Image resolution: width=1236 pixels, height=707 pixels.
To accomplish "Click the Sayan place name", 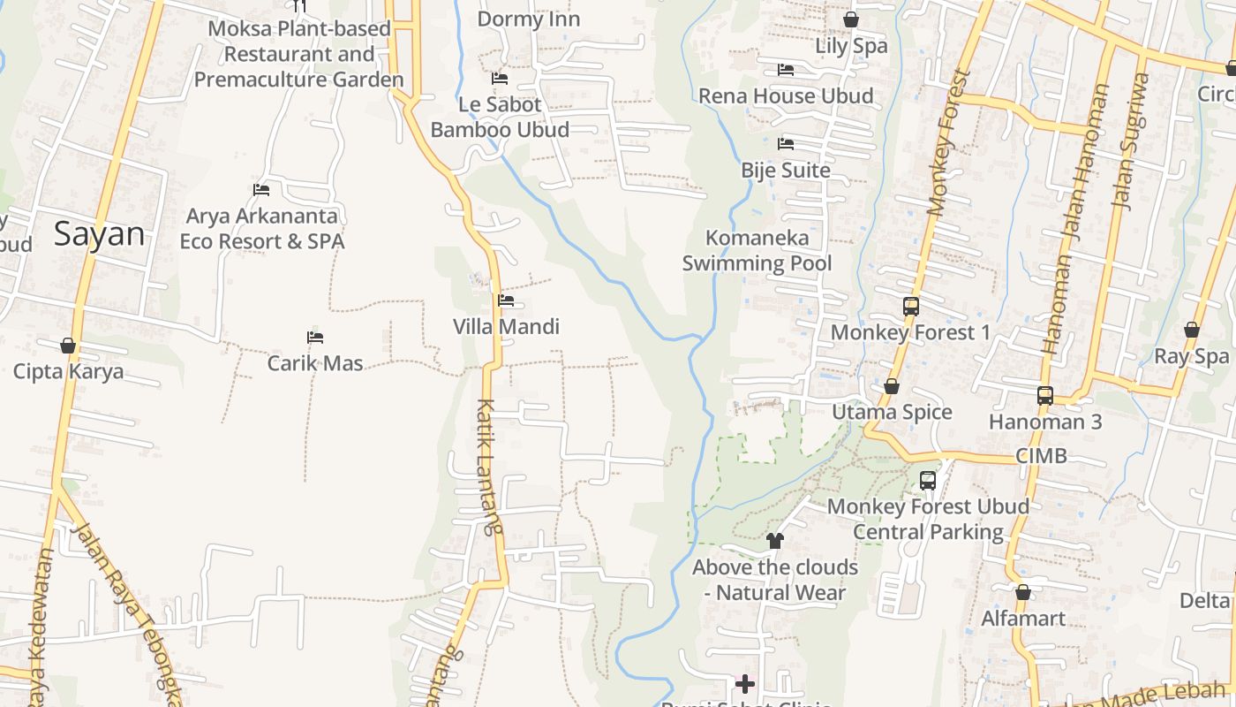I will [x=99, y=234].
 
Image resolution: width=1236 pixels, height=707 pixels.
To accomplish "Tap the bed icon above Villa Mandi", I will [x=506, y=300].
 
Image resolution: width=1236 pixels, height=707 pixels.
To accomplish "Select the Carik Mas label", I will [x=315, y=362].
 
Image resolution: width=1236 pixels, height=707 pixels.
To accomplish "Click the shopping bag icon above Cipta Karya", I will [x=68, y=346].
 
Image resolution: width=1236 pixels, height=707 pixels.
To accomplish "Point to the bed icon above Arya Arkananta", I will [x=261, y=189].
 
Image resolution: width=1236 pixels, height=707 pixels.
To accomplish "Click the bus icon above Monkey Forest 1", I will [x=911, y=307].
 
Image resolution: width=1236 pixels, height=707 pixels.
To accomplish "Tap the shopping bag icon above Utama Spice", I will [x=892, y=386].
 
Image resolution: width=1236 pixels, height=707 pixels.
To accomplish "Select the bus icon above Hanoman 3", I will [x=1045, y=395].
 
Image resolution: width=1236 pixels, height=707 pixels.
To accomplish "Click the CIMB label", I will [x=1042, y=456].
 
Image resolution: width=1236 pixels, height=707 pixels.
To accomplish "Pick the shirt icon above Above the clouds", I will [x=775, y=541].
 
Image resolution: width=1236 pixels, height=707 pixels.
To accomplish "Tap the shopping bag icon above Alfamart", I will [x=1023, y=592].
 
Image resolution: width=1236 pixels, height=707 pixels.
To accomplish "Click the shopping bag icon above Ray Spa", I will [x=1192, y=330].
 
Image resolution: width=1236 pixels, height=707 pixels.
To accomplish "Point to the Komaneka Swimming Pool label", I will [x=757, y=250].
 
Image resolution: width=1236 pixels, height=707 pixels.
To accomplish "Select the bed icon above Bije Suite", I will [x=786, y=144].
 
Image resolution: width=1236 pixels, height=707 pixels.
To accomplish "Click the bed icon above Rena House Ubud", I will [x=786, y=70].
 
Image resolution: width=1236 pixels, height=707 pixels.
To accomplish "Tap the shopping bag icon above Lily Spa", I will [x=851, y=19].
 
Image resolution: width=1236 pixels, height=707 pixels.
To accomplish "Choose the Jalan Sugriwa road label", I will [x=1132, y=141].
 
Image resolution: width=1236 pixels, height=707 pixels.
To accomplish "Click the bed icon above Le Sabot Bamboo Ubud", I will [x=500, y=79].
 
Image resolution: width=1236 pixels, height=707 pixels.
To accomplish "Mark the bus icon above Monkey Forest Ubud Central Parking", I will [x=928, y=481].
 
